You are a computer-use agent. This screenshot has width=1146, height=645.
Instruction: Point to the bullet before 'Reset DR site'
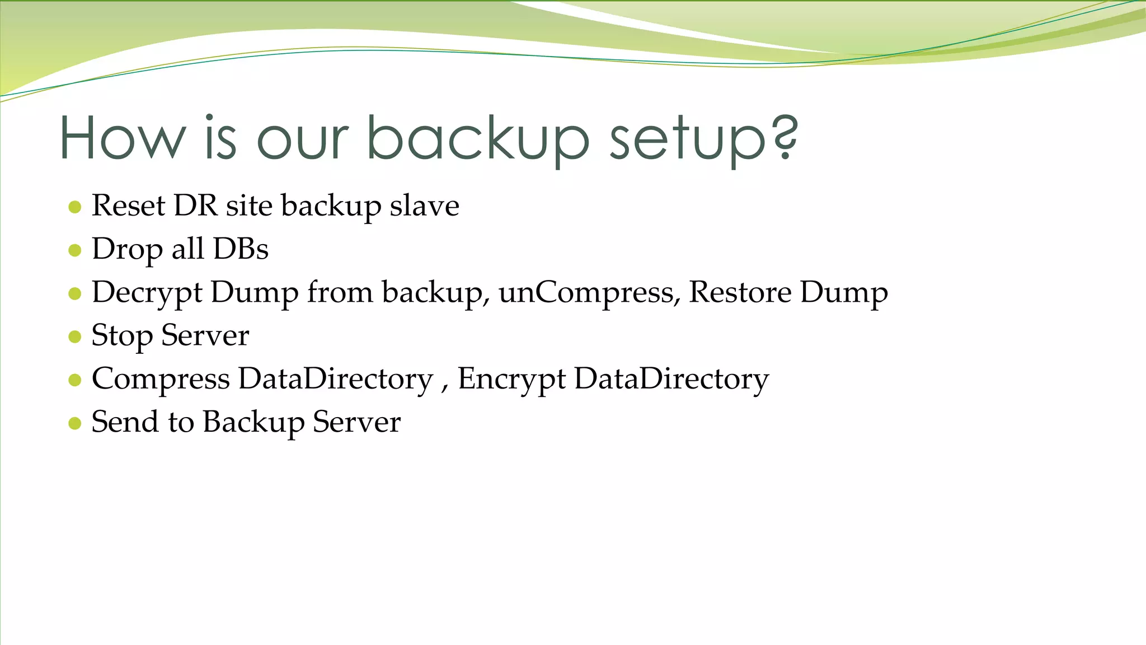(74, 207)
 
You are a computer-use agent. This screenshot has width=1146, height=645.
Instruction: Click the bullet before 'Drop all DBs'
(74, 250)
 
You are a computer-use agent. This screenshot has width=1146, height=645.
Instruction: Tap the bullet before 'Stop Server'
(74, 336)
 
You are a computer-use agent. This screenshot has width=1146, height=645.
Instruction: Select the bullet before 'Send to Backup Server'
(74, 423)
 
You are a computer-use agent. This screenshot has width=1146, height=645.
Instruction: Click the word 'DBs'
(241, 249)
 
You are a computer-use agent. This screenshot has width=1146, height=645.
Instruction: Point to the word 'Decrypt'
(147, 293)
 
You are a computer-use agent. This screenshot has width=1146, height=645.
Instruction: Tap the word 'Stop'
(121, 336)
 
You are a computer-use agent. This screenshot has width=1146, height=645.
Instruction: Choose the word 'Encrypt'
(511, 379)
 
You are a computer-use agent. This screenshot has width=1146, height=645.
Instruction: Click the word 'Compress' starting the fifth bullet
(161, 379)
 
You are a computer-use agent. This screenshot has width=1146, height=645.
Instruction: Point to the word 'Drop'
(127, 250)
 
